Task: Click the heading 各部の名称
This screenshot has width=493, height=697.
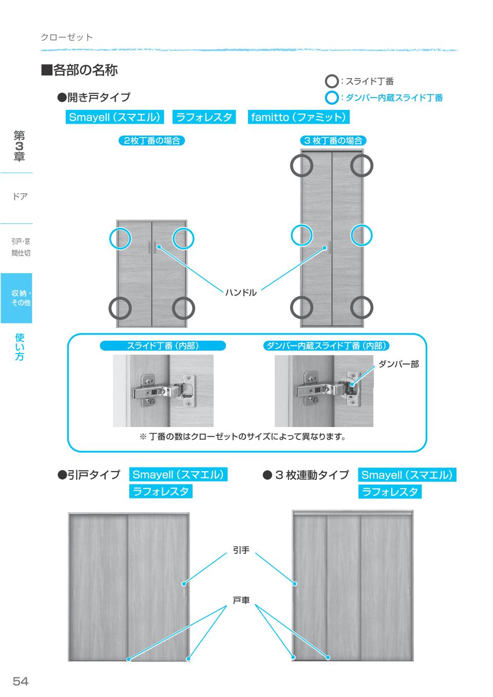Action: coord(80,70)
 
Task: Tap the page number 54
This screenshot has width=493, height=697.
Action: coord(21,681)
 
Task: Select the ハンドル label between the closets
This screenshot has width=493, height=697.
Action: coord(241,293)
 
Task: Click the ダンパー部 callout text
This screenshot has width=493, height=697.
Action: coord(399,364)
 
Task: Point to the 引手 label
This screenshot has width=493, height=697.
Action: coord(241,550)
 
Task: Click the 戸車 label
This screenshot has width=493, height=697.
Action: coord(241,600)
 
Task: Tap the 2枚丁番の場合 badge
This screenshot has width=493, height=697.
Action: coord(151,141)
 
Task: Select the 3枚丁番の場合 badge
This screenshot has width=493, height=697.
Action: coord(332,141)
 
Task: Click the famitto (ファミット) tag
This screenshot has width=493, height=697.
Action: coord(298,117)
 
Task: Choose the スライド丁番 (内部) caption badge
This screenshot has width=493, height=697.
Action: coord(162,346)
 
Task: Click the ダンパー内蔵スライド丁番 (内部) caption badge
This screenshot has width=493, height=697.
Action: coord(326,346)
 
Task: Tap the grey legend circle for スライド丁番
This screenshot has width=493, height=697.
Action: coord(332,82)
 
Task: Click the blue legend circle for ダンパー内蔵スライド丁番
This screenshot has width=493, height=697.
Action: coord(332,98)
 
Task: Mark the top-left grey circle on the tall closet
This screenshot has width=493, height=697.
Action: coord(301,165)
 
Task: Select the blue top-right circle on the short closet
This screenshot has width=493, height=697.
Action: coord(183,238)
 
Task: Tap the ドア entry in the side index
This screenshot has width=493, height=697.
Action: coord(20,197)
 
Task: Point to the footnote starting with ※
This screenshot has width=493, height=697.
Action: coord(242,437)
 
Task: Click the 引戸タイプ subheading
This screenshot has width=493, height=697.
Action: coord(89,475)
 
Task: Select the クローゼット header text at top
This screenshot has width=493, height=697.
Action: coord(67,37)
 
